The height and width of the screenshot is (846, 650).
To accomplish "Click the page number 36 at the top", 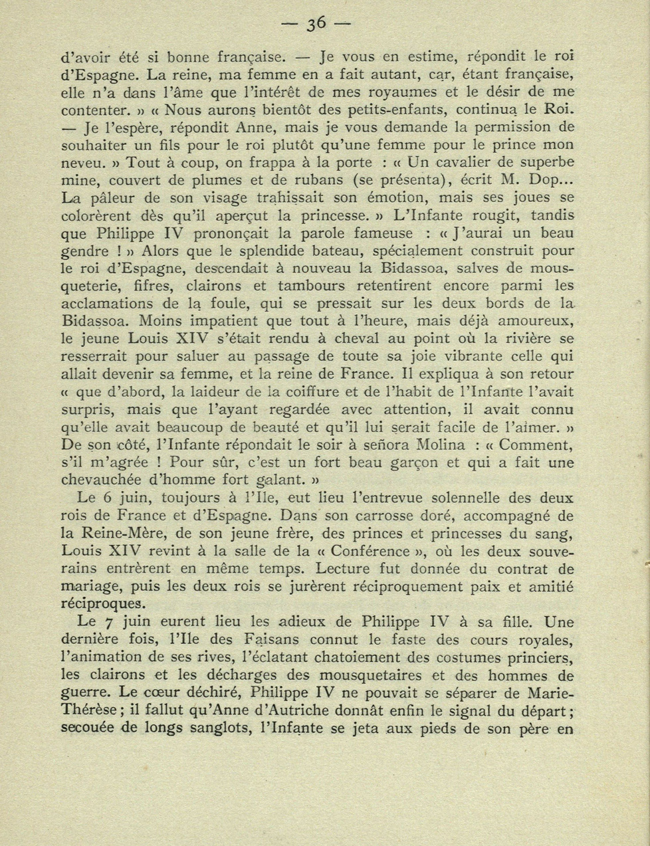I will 316,24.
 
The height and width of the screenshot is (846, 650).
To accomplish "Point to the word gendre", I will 84,252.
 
